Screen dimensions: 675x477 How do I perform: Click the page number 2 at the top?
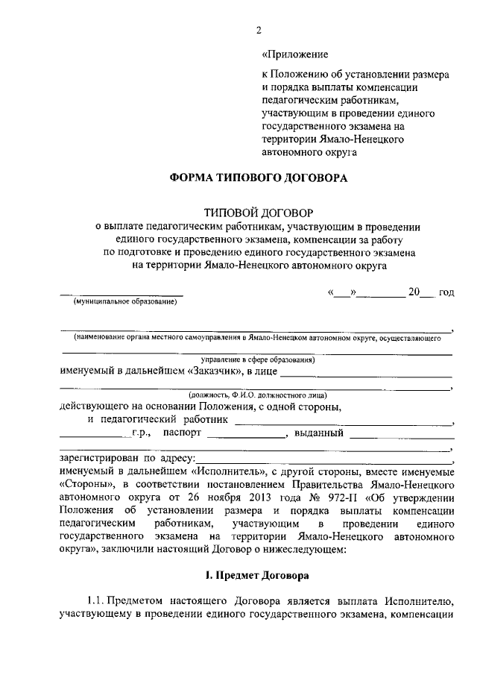point(258,30)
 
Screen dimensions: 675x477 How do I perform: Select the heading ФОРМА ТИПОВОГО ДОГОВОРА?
point(258,178)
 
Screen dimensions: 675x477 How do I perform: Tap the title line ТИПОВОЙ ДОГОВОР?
point(258,213)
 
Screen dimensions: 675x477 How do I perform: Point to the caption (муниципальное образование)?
point(124,302)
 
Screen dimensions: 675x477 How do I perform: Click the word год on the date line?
point(446,292)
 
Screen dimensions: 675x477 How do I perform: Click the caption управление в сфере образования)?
point(253,360)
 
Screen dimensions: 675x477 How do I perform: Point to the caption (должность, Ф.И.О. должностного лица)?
point(257,395)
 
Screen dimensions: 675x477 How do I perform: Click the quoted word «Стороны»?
point(83,485)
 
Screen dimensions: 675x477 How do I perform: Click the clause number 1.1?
point(97,601)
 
